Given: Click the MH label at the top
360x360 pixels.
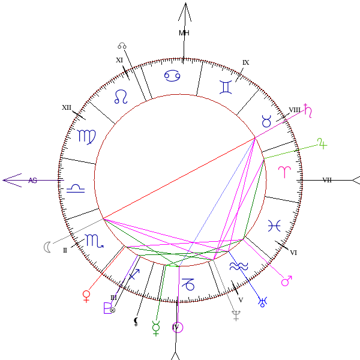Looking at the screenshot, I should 184,33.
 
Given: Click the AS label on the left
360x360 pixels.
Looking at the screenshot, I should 32,180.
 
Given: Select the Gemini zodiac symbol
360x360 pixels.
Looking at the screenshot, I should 226,88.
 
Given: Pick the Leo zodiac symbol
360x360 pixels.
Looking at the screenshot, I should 122,96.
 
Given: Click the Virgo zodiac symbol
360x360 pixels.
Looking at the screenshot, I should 86,136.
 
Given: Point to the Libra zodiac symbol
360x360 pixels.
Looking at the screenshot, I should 76,188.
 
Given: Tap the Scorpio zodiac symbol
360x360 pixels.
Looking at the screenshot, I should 94,241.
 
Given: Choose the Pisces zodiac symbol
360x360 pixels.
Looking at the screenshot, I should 274,225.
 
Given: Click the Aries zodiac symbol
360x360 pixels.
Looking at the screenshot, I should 283,172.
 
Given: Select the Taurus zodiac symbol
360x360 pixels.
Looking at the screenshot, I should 266,121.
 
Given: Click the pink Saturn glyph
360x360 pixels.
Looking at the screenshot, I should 308,110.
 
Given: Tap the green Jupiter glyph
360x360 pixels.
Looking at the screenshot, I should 322,143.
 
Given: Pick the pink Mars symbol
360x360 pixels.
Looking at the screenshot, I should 287,281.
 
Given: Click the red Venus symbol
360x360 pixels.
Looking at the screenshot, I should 87,295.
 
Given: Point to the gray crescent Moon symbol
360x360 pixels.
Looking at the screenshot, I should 47,246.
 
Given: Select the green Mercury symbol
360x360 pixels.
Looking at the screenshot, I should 156,328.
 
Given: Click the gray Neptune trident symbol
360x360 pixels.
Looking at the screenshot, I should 236,316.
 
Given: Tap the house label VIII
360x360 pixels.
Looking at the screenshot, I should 294,110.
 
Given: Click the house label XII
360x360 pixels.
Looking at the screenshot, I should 67,107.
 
